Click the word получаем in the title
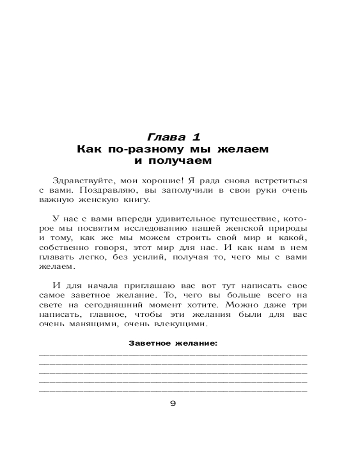[x=185, y=160]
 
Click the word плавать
[x=57, y=258]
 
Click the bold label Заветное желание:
[x=173, y=344]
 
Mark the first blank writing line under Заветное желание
[x=173, y=355]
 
